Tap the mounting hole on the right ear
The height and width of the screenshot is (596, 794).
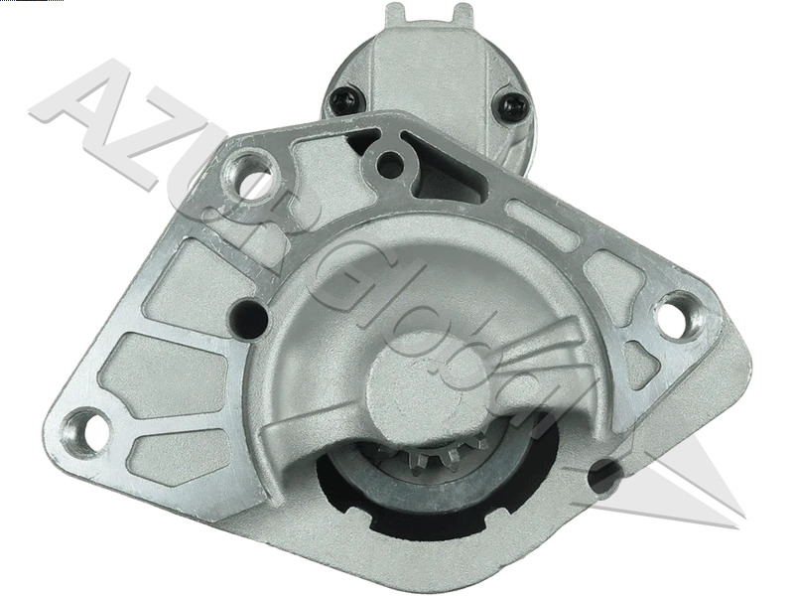tap(674, 317)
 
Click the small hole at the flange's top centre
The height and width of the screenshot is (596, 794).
tap(391, 164)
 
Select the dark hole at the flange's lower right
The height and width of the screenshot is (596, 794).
tap(605, 476)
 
